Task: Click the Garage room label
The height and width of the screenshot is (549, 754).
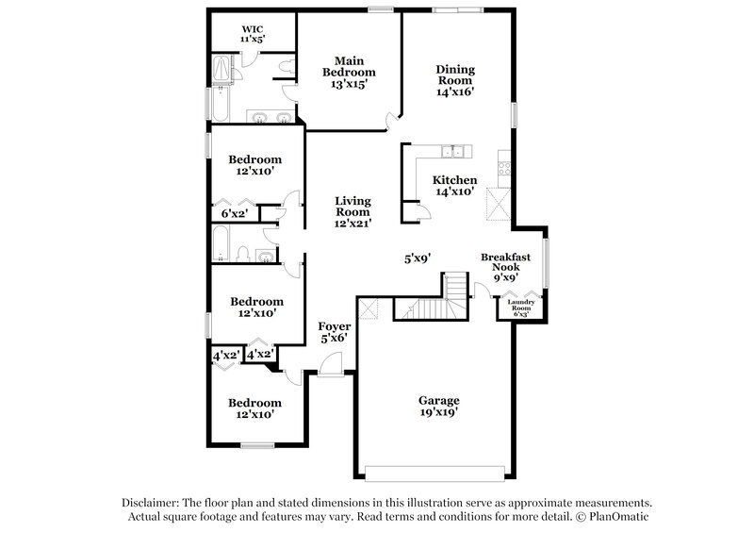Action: [438, 400]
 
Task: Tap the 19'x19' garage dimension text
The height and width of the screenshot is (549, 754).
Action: [438, 412]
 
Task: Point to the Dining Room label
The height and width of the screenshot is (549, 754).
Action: [454, 75]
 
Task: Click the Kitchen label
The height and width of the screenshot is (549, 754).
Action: [454, 180]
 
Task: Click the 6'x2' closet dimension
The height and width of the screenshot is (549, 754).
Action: [233, 214]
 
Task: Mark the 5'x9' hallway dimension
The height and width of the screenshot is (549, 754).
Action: [418, 258]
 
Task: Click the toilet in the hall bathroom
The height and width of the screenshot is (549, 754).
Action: [241, 254]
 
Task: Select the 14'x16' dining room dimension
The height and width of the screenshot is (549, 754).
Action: [454, 92]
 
